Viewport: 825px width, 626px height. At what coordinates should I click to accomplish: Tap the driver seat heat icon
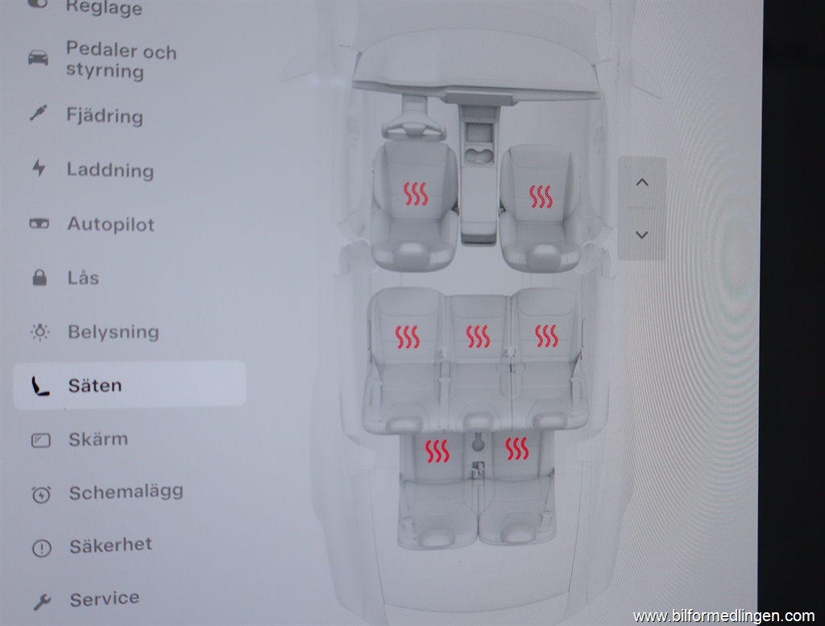click(416, 193)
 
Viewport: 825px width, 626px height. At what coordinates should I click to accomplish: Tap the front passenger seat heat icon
click(541, 197)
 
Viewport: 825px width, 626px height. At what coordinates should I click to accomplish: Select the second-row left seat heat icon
click(407, 336)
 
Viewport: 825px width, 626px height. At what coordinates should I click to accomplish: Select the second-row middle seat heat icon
click(478, 336)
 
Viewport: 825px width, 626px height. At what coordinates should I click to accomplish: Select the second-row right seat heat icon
click(546, 336)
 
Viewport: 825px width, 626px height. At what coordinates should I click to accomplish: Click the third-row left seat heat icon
click(437, 451)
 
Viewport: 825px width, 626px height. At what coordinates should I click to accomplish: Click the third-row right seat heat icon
click(517, 449)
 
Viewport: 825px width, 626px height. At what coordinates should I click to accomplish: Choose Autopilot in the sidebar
click(110, 224)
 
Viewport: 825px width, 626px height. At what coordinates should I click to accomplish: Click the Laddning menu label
click(110, 170)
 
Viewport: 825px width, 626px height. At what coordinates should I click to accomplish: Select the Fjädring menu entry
click(105, 116)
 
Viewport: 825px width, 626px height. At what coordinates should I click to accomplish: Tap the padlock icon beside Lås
click(39, 278)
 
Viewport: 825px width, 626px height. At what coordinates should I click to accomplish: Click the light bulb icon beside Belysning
click(39, 332)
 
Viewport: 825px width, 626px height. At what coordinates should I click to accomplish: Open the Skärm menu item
click(97, 439)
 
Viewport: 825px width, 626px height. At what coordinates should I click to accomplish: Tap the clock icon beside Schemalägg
click(40, 494)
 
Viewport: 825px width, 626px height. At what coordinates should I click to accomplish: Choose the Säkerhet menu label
click(110, 545)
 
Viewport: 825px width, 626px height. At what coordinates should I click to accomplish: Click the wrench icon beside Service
click(41, 601)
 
